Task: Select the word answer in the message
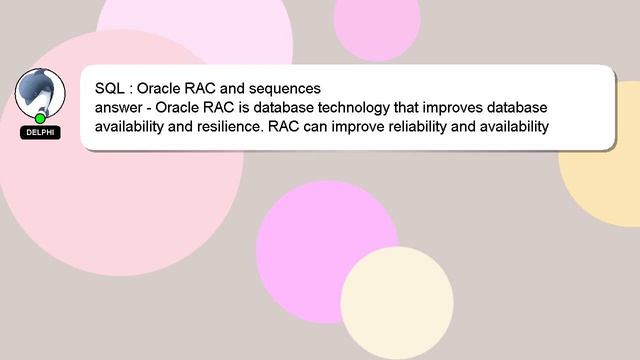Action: point(119,108)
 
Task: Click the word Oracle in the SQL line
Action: point(159,88)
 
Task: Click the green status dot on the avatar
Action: point(40,118)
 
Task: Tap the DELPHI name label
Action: point(40,132)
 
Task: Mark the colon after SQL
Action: point(130,89)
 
